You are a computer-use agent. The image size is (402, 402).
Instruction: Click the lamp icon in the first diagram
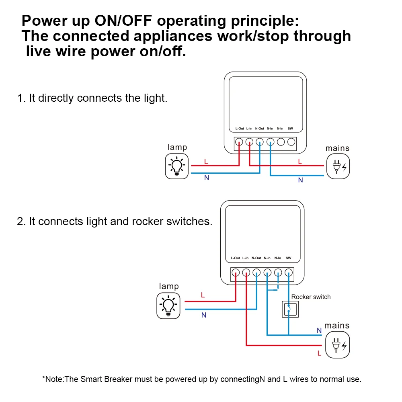coord(177,167)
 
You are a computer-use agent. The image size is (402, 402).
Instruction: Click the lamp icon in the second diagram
coord(168,306)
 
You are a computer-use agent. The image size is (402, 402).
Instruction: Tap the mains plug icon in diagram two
coord(337,345)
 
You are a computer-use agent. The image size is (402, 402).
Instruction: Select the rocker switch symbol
coord(288,309)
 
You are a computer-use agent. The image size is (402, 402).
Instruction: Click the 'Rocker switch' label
coord(311,297)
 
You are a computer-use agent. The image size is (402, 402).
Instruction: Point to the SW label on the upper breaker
coord(290,129)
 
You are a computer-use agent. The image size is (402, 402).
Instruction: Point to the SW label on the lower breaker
coord(288,258)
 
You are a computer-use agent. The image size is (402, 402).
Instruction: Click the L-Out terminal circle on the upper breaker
coord(239,142)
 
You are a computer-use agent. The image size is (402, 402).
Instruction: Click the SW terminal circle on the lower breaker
coord(288,273)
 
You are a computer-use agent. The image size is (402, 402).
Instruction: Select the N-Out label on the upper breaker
coord(260,129)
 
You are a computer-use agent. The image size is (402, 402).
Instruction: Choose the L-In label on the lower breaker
coord(246,258)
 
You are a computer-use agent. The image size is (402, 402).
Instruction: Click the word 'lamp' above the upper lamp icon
coord(177,147)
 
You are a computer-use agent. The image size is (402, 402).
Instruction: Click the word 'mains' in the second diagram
coord(337,325)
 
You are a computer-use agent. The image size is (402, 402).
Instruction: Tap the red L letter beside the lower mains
coord(319,354)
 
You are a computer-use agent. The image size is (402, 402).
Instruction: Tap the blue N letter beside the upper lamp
coord(207,178)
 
